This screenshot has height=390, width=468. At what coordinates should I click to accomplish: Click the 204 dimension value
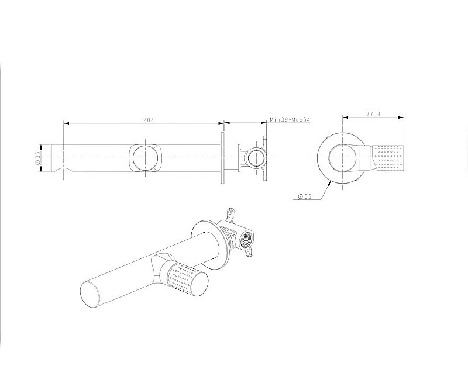(x=149, y=120)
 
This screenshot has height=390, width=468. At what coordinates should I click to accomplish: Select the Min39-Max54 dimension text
(x=290, y=120)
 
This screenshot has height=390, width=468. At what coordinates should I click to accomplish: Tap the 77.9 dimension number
(x=373, y=114)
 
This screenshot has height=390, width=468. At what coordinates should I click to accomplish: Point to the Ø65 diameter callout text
(x=305, y=196)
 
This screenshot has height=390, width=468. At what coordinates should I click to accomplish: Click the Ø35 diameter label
(x=37, y=158)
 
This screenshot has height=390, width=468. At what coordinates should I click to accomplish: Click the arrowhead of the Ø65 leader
(x=329, y=184)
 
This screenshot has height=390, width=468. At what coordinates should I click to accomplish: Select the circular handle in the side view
(x=144, y=158)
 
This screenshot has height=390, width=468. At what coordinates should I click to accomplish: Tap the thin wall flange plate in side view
(x=222, y=158)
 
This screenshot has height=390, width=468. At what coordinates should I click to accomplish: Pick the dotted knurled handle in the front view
(x=387, y=158)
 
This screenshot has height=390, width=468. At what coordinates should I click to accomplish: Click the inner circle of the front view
(x=342, y=158)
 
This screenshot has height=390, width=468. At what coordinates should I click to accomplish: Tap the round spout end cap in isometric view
(x=91, y=294)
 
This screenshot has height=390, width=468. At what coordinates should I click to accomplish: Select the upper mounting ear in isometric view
(x=231, y=213)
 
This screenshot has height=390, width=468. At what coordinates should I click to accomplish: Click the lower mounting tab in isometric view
(x=249, y=253)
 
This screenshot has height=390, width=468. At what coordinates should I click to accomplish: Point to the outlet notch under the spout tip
(x=63, y=170)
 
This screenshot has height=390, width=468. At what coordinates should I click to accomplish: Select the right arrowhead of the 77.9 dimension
(x=401, y=117)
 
